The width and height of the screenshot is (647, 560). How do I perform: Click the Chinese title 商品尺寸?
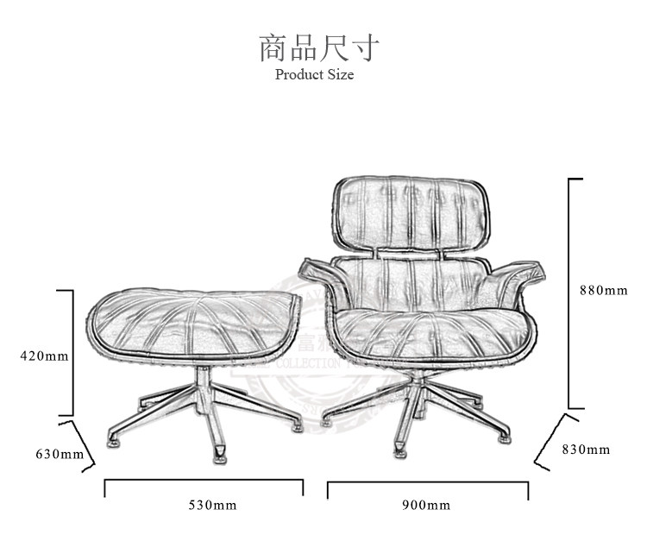click(318, 47)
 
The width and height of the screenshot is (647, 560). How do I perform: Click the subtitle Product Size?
click(314, 74)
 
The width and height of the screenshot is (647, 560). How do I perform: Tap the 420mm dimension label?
click(45, 355)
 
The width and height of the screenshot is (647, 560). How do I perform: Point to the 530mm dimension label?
click(212, 505)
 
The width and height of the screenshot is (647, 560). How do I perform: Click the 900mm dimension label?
click(426, 505)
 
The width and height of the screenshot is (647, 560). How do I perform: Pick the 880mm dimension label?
click(603, 290)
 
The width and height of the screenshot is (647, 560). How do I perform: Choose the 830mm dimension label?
click(586, 449)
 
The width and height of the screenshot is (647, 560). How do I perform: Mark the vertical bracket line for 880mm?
click(569, 293)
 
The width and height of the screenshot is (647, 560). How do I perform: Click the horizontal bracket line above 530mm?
click(204, 481)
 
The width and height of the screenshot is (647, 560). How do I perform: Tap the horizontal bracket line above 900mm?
click(428, 483)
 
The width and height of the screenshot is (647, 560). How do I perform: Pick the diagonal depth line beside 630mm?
click(81, 446)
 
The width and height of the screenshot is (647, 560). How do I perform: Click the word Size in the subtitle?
click(340, 74)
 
